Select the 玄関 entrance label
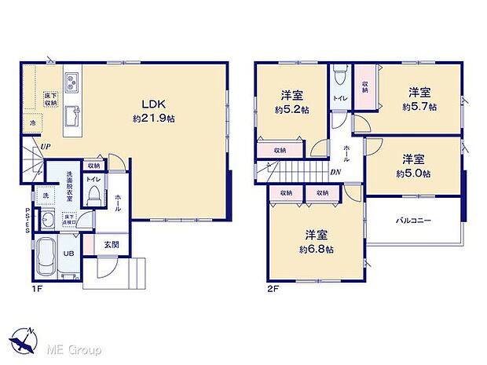tap(111, 245)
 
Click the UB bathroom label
tap(70, 254)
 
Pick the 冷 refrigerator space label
tap(33, 123)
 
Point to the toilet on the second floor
tap(339, 76)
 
